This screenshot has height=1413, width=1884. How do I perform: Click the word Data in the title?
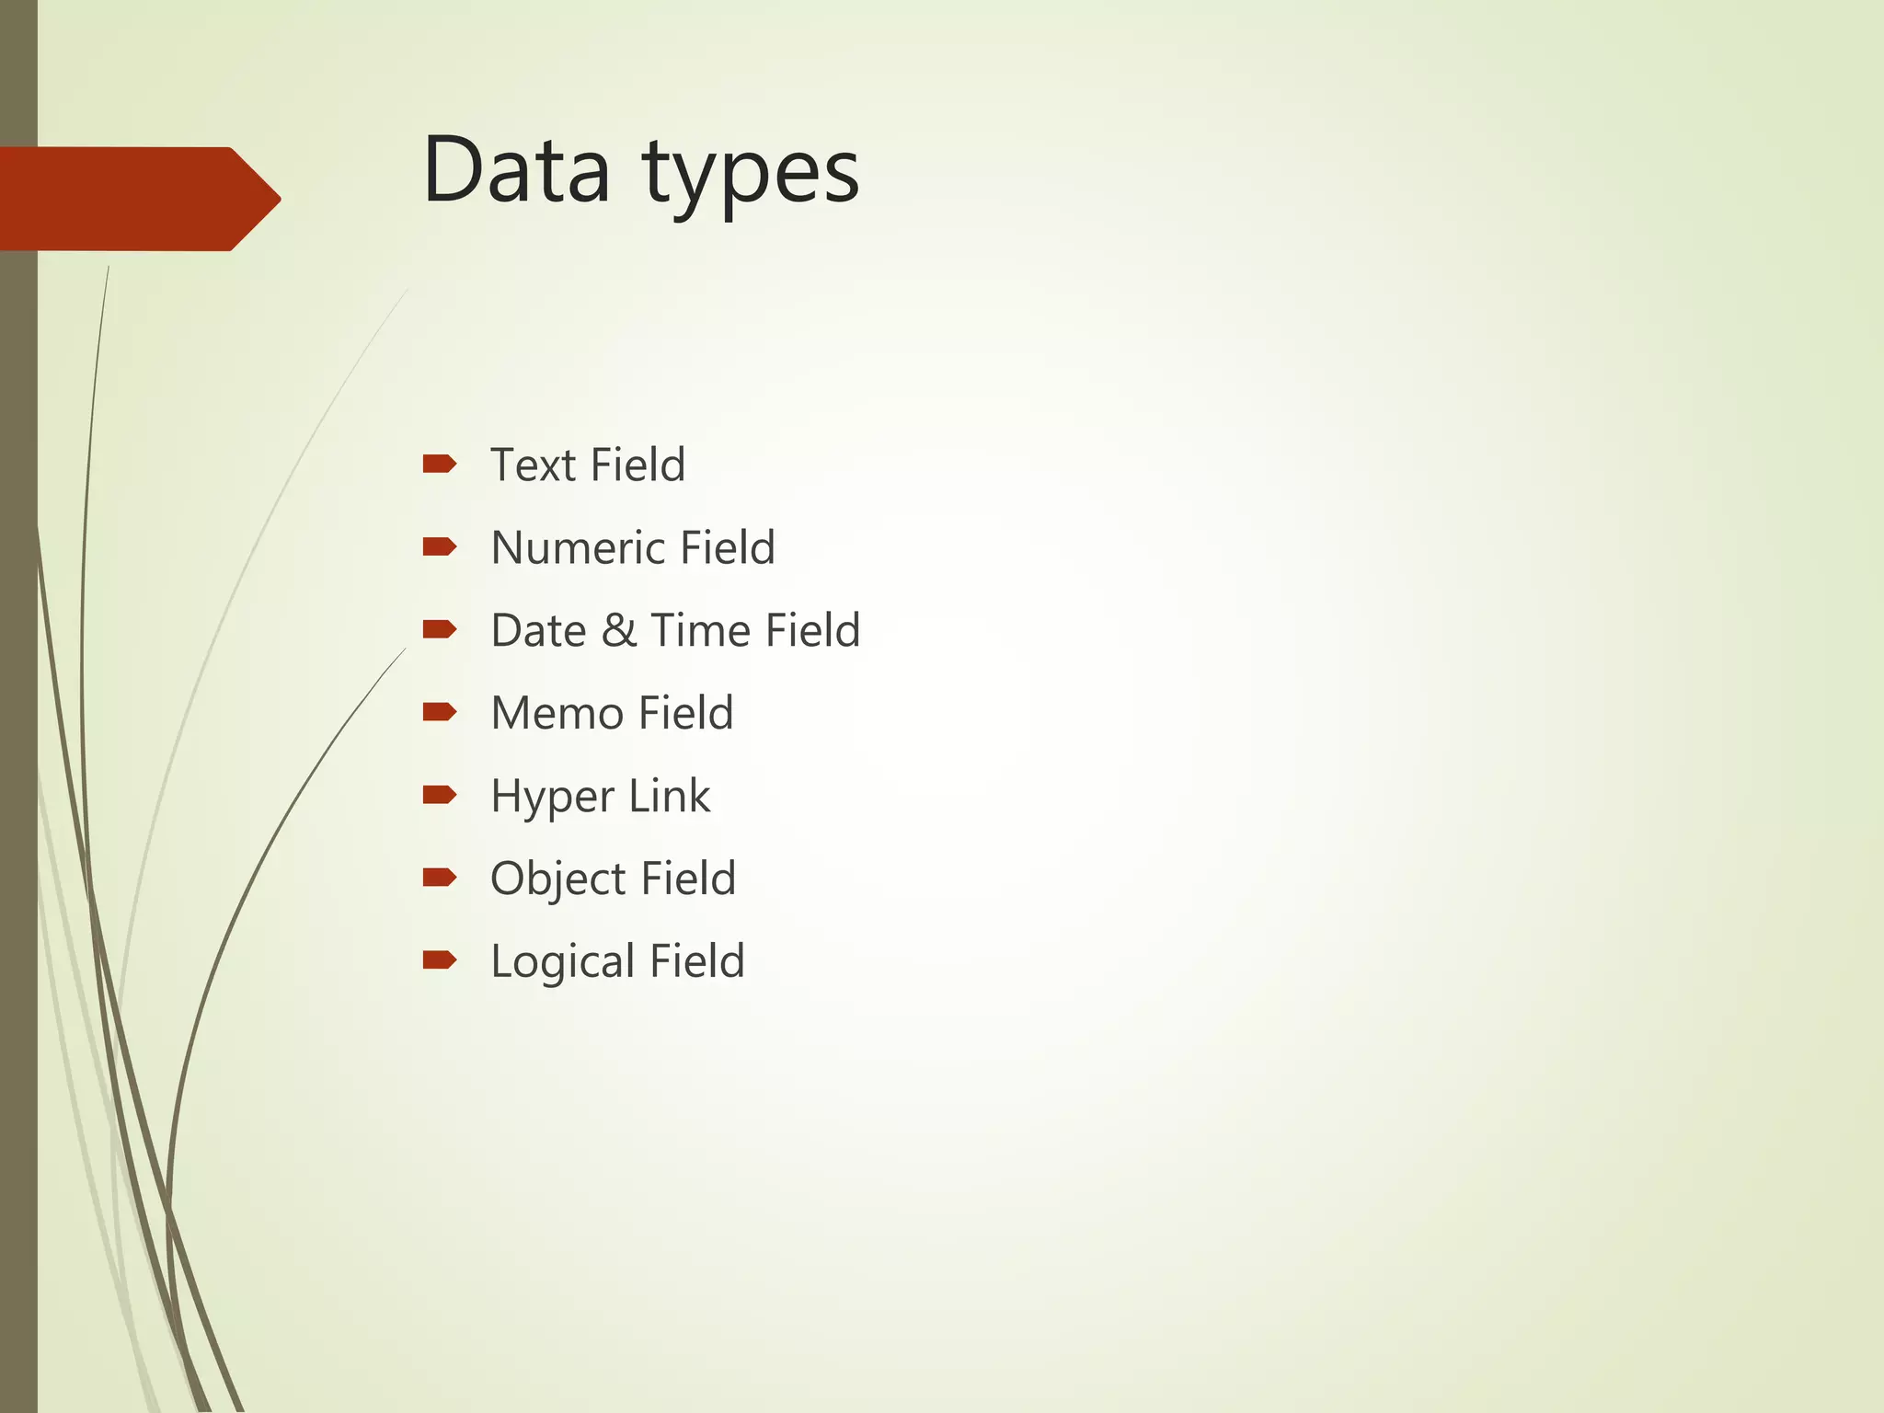516,170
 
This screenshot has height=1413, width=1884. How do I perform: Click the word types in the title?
751,175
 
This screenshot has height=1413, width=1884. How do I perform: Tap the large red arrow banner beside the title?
138,199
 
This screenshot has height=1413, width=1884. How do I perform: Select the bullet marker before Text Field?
439,464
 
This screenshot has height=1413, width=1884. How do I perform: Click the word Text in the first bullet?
533,465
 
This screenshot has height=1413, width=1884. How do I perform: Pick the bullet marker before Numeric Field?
439,547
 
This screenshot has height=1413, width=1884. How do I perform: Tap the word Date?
538,631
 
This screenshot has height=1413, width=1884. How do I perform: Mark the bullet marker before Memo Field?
439,712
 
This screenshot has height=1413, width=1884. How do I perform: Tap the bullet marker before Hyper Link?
439,795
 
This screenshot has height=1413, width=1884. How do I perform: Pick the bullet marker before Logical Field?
439,960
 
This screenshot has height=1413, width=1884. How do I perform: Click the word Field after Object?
688,879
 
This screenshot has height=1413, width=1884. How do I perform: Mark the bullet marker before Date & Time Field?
439,629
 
